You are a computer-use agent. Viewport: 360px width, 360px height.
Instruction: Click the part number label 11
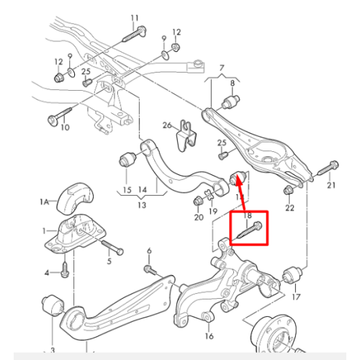[135, 18]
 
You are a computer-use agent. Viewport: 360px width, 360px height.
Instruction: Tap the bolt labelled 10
[60, 116]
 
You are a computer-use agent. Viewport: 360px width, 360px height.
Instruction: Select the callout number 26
[167, 125]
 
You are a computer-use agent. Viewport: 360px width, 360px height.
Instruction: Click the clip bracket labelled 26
[186, 136]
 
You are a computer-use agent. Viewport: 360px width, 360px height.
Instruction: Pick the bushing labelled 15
[128, 159]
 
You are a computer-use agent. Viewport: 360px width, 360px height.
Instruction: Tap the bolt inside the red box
[250, 230]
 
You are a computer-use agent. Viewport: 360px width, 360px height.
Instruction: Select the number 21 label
[331, 185]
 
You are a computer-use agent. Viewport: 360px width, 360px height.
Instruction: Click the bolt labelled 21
[328, 168]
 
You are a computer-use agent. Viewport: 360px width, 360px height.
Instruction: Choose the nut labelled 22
[288, 191]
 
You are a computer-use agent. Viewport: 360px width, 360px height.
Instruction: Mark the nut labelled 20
[198, 201]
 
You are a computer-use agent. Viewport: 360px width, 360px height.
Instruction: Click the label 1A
[45, 202]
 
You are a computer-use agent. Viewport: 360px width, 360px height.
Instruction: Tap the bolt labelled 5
[112, 247]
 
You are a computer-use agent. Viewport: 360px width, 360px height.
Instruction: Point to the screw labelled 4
[64, 270]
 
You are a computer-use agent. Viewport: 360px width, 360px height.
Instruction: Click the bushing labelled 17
[293, 275]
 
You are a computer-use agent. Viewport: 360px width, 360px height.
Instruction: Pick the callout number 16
[209, 336]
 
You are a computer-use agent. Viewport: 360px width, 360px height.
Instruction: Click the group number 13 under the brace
[142, 205]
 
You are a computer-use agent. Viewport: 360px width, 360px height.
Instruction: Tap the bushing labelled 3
[53, 305]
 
